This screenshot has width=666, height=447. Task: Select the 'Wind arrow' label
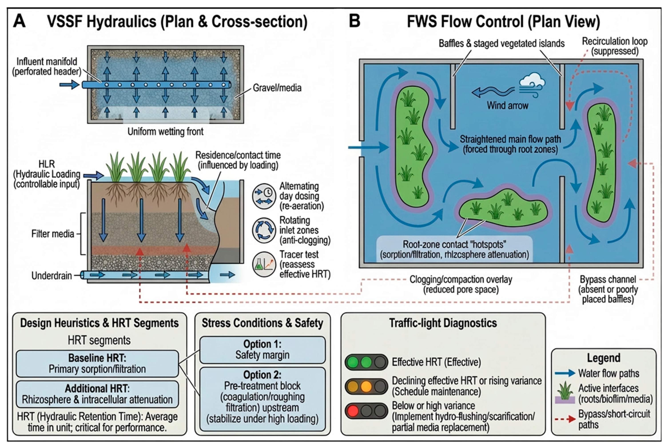coord(507,105)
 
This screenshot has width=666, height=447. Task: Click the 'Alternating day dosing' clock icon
coord(264,196)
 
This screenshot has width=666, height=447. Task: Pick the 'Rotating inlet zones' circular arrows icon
coord(264,230)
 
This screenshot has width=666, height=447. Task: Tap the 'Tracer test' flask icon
coord(264,264)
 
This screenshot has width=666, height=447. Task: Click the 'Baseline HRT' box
coord(97,364)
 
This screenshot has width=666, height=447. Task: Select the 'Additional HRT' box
coord(97,394)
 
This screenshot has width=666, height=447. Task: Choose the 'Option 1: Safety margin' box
coord(262,350)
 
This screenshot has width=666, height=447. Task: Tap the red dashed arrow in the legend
coord(565,419)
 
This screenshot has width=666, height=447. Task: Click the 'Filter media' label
coord(53,234)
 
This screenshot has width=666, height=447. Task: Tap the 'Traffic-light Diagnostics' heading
coord(443,323)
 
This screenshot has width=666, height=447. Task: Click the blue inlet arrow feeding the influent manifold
coord(69,85)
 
